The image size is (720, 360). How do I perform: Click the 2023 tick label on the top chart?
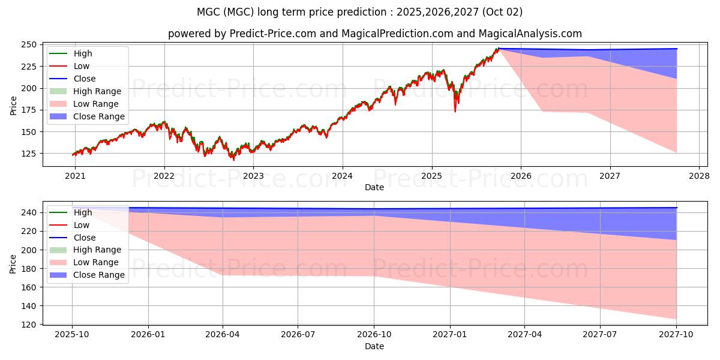[x=253, y=176]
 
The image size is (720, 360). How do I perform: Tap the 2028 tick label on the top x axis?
[x=699, y=176]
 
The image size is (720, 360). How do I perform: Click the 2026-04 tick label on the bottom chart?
[x=223, y=335]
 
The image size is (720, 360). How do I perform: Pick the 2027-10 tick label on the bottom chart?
[x=676, y=335]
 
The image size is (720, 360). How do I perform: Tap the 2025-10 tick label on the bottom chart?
[x=72, y=335]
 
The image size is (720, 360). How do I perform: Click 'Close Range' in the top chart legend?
[x=99, y=116]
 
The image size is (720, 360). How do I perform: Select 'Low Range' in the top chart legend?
[x=96, y=104]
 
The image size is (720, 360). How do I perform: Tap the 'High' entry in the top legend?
[x=83, y=53]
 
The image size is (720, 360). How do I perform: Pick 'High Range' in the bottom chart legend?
[x=97, y=250]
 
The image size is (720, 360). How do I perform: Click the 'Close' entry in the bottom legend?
[x=85, y=238]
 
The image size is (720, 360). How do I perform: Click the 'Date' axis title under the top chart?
[x=374, y=187]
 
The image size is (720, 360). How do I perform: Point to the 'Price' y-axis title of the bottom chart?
[x=13, y=263]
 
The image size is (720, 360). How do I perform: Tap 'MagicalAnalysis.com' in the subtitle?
[x=523, y=34]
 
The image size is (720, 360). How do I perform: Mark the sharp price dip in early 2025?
[x=455, y=110]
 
